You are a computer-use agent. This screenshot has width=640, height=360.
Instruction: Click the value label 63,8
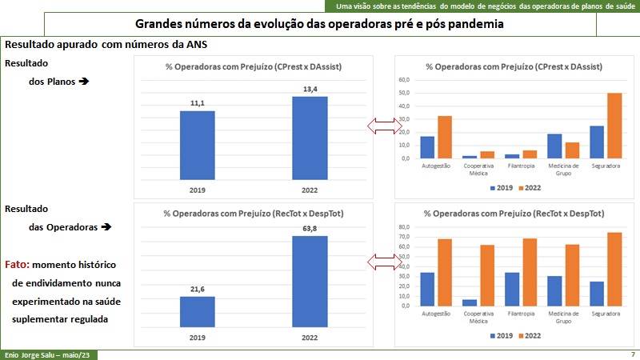pos(310,229)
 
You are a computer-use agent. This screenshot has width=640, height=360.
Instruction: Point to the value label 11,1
pos(197,104)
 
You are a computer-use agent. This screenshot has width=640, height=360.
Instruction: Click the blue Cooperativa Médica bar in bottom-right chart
pos(470,302)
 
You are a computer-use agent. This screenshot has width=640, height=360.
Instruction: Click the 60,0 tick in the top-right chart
pos(403,80)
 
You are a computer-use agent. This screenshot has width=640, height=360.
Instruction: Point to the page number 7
pos(633,354)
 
